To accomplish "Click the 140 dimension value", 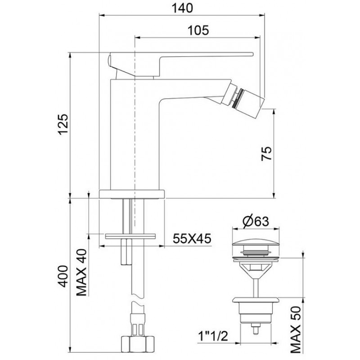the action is (182, 8).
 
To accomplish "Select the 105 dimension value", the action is (198, 30).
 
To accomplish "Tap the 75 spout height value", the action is (266, 153).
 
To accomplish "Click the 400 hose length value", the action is (63, 276).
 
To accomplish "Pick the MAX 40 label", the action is (81, 272).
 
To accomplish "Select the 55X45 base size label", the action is (192, 238).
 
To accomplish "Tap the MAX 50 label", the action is (296, 330).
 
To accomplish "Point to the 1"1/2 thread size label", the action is (213, 336).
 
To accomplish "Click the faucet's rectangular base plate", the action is (132, 194).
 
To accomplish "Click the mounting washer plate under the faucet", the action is (130, 236).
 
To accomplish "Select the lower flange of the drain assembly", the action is (256, 300).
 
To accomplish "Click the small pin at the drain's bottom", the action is (256, 328).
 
